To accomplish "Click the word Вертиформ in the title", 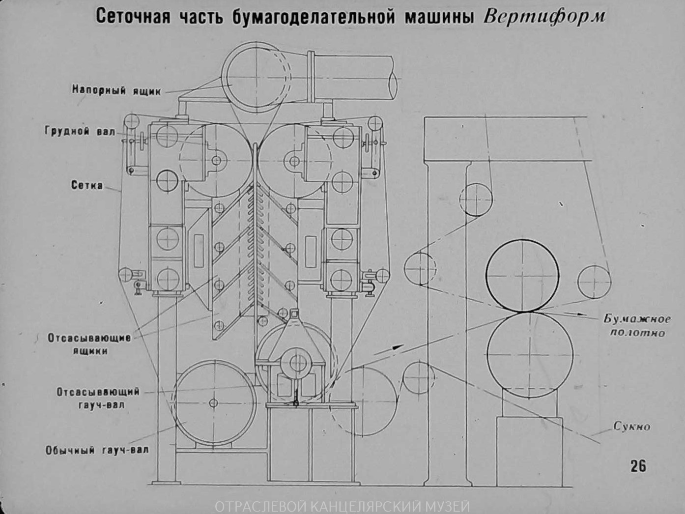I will click(x=544, y=17).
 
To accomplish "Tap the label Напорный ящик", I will click(x=116, y=90).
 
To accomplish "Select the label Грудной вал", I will click(x=80, y=131).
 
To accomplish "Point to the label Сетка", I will click(x=87, y=185).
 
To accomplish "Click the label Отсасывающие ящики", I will click(x=89, y=344).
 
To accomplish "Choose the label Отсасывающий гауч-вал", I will click(x=98, y=399).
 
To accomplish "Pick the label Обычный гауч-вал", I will click(x=97, y=450).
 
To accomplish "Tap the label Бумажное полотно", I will click(x=637, y=326).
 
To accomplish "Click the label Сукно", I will click(x=631, y=427).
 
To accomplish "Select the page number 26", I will click(x=638, y=466).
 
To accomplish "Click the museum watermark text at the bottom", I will click(x=342, y=506).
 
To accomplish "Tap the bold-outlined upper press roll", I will click(x=522, y=275).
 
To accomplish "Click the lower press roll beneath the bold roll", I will click(x=530, y=355).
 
